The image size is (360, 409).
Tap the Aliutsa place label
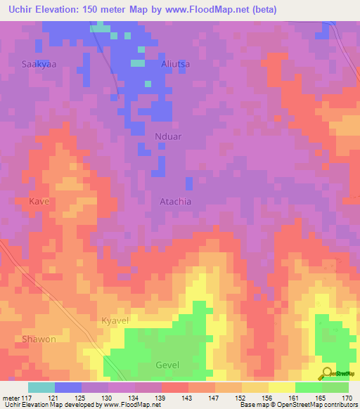coord(176,64)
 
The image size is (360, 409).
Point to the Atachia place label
coord(176,201)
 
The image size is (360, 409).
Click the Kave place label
coord(39,201)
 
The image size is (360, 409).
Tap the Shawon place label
coord(39,339)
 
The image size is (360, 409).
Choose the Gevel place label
coord(167,365)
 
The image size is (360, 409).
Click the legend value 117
coord(28,397)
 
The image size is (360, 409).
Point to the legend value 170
coord(348,397)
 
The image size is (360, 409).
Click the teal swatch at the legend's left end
coord(41,387)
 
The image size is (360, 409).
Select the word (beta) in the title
coord(262,10)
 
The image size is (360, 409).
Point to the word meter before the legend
coord(11,397)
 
